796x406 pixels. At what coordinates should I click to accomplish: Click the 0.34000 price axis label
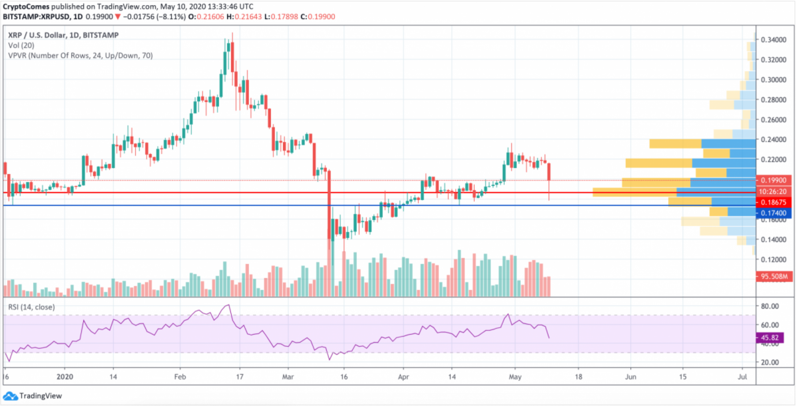[x=773, y=40]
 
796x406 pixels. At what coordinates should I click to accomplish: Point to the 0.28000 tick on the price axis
[x=773, y=100]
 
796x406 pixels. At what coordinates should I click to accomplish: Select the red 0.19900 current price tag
[x=773, y=180]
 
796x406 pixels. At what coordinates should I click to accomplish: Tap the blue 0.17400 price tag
[x=773, y=213]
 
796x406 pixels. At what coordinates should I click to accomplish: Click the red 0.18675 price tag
[x=773, y=202]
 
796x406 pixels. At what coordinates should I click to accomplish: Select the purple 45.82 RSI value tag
[x=769, y=337]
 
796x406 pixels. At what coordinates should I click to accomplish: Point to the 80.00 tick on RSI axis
[x=770, y=306]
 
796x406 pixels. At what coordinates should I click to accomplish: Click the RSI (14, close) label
[x=31, y=307]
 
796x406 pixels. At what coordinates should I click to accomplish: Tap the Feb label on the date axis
[x=180, y=377]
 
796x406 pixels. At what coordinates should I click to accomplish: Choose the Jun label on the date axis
[x=630, y=377]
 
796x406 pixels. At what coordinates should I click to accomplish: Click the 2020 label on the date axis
[x=65, y=377]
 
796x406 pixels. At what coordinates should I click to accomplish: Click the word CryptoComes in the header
[x=26, y=7]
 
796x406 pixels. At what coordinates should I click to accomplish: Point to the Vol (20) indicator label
[x=21, y=45]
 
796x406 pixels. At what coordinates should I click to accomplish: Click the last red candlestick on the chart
[x=549, y=172]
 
